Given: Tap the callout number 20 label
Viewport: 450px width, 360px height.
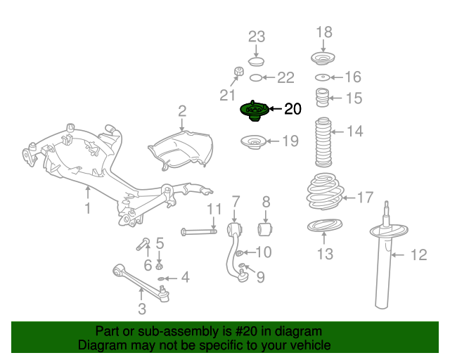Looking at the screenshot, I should pyautogui.click(x=292, y=109).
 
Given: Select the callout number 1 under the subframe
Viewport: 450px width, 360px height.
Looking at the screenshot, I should pyautogui.click(x=88, y=208).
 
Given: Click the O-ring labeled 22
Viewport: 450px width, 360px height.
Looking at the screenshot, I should pyautogui.click(x=257, y=77).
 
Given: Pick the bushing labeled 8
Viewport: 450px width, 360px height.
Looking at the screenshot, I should pyautogui.click(x=266, y=229).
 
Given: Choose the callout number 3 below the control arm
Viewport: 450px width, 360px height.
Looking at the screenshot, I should pyautogui.click(x=142, y=309).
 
